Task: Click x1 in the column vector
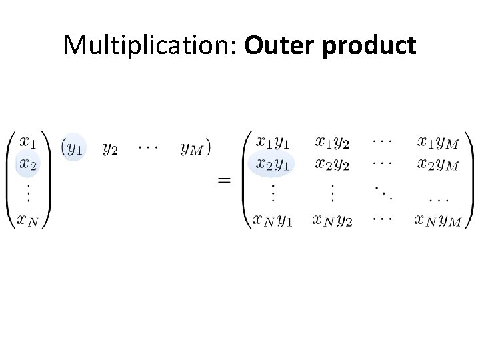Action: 29,143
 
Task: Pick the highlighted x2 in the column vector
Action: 29,163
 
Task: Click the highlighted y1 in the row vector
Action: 74,148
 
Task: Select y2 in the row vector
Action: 109,148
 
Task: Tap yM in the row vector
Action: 192,148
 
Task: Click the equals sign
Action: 225,180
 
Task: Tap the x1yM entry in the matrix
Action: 437,142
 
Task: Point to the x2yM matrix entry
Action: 437,163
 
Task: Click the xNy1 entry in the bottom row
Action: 272,219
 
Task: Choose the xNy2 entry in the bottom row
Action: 332,219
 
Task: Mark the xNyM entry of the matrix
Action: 437,219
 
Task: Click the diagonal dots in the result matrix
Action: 383,193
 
